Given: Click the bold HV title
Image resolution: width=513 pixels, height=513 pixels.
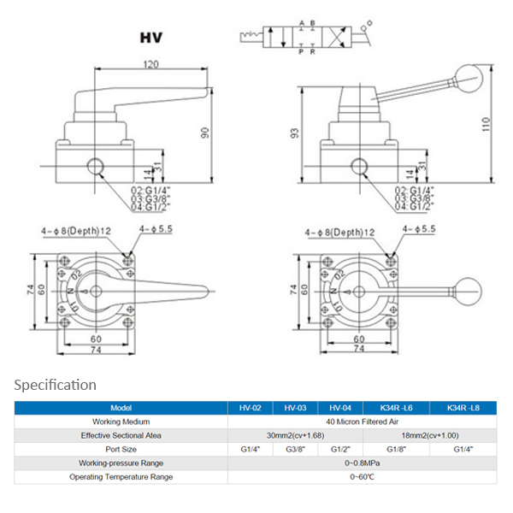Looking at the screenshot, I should point(152,38).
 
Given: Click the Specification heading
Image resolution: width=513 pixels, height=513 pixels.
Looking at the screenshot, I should point(56,385).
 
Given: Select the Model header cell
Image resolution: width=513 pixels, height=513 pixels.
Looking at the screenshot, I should point(121,409).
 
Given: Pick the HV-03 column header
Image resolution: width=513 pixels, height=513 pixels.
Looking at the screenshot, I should point(295,409).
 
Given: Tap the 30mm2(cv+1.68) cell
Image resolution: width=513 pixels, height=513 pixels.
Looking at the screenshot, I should point(295,435).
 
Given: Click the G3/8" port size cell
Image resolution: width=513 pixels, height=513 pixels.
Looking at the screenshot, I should point(295,449).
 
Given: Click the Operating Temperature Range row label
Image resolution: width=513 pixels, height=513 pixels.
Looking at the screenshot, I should point(121,476).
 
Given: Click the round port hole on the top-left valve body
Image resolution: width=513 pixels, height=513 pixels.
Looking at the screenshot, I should point(95,163).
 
